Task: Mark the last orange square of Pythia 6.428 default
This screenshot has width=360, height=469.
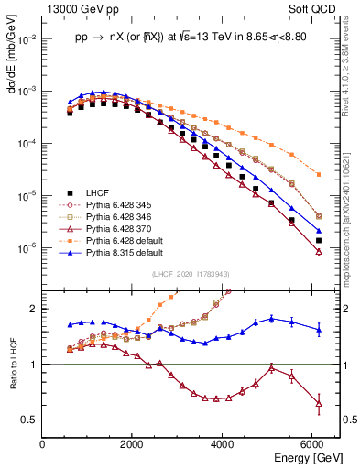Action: click(319, 174)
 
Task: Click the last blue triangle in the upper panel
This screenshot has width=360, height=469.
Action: click(319, 231)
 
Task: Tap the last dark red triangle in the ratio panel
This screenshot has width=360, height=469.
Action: click(319, 402)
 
